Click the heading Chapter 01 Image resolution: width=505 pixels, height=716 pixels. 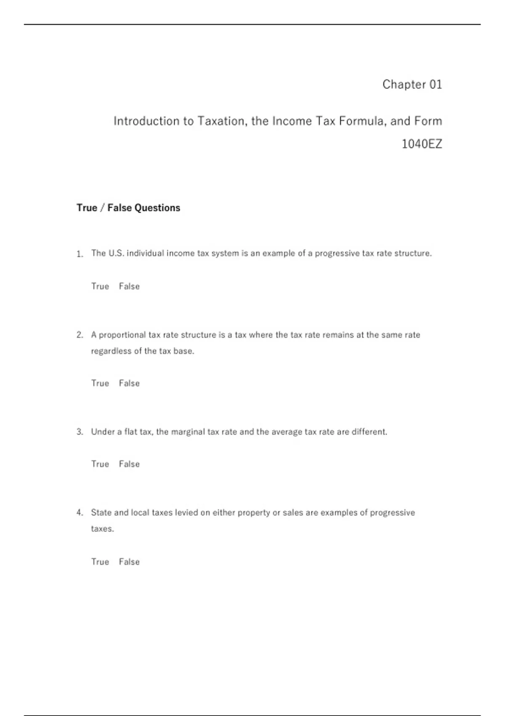[412, 84]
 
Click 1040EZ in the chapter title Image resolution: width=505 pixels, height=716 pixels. [422, 144]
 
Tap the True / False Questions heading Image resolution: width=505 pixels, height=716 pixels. [128, 208]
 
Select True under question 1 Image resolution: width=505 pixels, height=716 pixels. [100, 286]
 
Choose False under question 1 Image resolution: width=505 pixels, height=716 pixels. [129, 286]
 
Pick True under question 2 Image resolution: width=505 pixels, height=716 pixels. [100, 383]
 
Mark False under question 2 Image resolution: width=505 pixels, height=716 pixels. [129, 383]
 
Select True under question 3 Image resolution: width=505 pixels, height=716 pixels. [100, 464]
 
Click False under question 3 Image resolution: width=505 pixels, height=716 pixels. [129, 464]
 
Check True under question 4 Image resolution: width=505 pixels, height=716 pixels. [100, 562]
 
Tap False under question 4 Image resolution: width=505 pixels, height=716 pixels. [129, 562]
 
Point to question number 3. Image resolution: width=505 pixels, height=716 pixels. [80, 432]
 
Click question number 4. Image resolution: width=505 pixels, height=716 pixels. [80, 513]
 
